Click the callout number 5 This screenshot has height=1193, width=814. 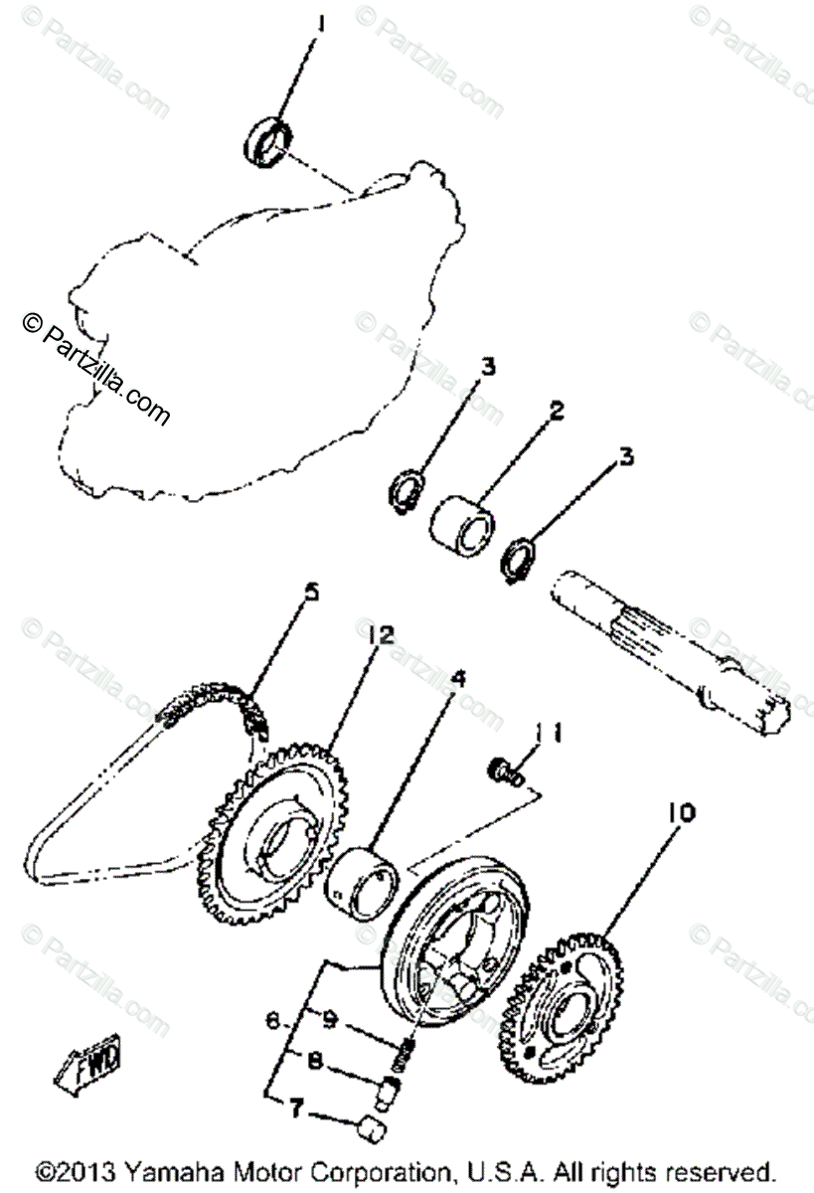312,593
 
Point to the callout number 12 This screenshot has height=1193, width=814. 383,633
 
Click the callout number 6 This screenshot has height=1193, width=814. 269,1018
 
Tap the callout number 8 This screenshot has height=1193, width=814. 314,1062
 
